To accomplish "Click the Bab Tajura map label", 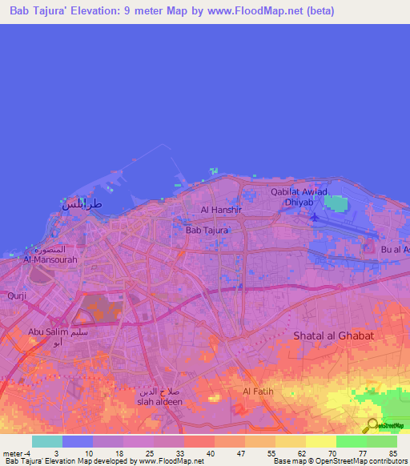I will coord(207,230).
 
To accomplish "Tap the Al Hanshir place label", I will coord(221,210).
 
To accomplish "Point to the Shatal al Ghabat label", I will coord(333,335).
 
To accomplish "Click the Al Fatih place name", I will coord(258,391).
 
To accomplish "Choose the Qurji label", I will coord(17,295).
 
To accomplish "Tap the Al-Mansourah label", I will coord(50,259).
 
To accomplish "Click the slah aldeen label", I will coord(159,401).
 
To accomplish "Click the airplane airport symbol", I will coord(315,216).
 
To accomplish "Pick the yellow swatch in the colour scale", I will coord(320,441).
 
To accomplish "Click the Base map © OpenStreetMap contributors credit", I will coord(340,461).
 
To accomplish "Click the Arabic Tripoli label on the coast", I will coord(82,203).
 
